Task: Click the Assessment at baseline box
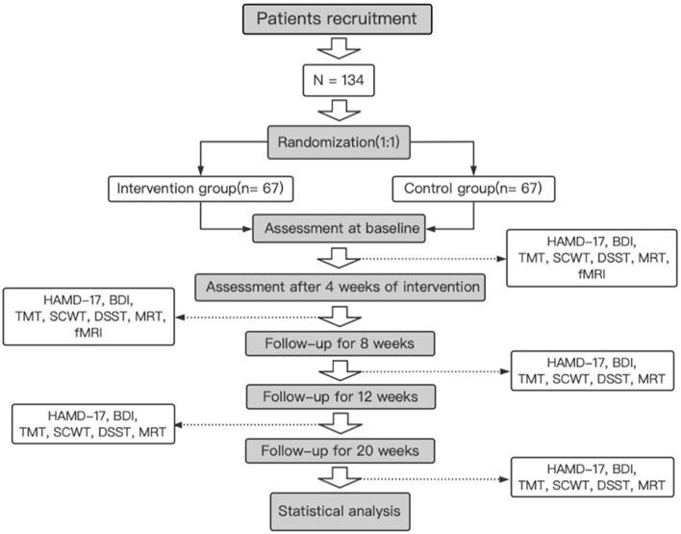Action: [x=340, y=231]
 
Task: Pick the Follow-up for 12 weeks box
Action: [x=340, y=396]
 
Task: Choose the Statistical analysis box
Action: [x=340, y=507]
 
